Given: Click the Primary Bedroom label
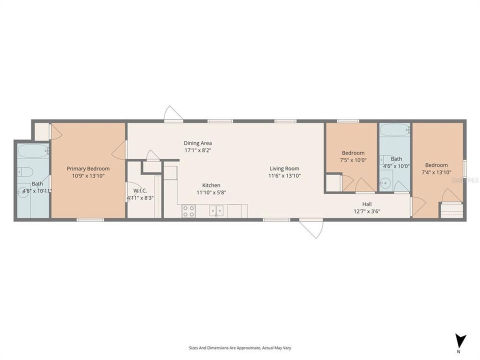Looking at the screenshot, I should (88, 168).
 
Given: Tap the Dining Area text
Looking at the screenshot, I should (197, 143).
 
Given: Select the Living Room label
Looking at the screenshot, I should (284, 168).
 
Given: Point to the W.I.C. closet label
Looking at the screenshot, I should (139, 191).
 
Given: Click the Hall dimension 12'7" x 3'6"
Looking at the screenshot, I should (367, 211).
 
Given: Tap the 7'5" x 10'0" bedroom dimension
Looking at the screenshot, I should (353, 160).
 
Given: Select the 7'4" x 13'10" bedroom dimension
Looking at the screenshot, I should (436, 172).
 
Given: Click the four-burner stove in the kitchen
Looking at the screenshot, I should (188, 211).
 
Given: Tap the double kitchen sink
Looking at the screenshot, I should (216, 211).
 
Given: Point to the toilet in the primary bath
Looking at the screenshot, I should (23, 172).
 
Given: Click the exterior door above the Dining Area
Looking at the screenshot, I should (173, 114).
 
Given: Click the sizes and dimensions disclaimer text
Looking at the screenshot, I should (240, 347).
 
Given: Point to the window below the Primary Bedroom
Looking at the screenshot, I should (90, 219).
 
